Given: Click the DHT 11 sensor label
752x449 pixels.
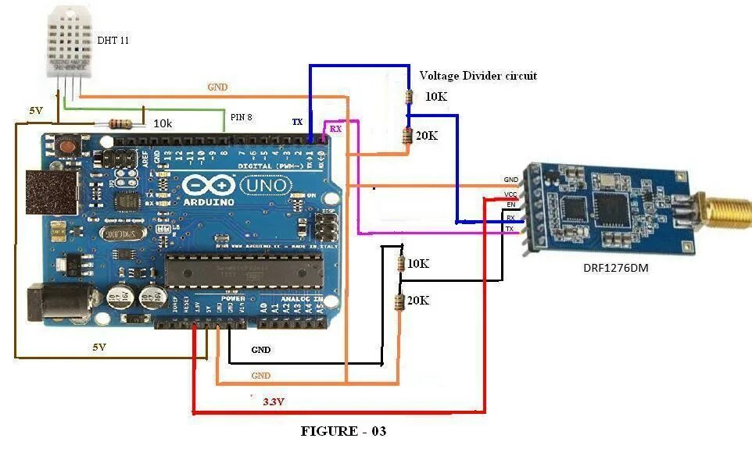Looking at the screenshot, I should click(113, 40).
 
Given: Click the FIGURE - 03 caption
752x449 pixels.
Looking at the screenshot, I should click(344, 431).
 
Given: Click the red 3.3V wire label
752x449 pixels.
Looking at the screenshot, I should click(273, 401).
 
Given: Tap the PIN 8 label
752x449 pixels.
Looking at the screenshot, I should click(242, 117).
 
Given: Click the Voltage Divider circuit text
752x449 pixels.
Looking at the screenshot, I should click(478, 76).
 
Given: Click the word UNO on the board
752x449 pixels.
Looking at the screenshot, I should click(267, 186).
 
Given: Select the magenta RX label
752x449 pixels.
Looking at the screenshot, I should click(335, 128).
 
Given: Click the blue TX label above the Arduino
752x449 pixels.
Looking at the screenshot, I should click(297, 123).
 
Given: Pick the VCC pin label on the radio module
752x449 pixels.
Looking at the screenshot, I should click(510, 193).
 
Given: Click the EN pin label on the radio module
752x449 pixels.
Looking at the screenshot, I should click(511, 205).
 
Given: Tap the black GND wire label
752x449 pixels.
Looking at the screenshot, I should click(261, 350).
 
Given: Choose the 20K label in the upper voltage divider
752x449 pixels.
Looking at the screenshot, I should click(427, 135).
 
